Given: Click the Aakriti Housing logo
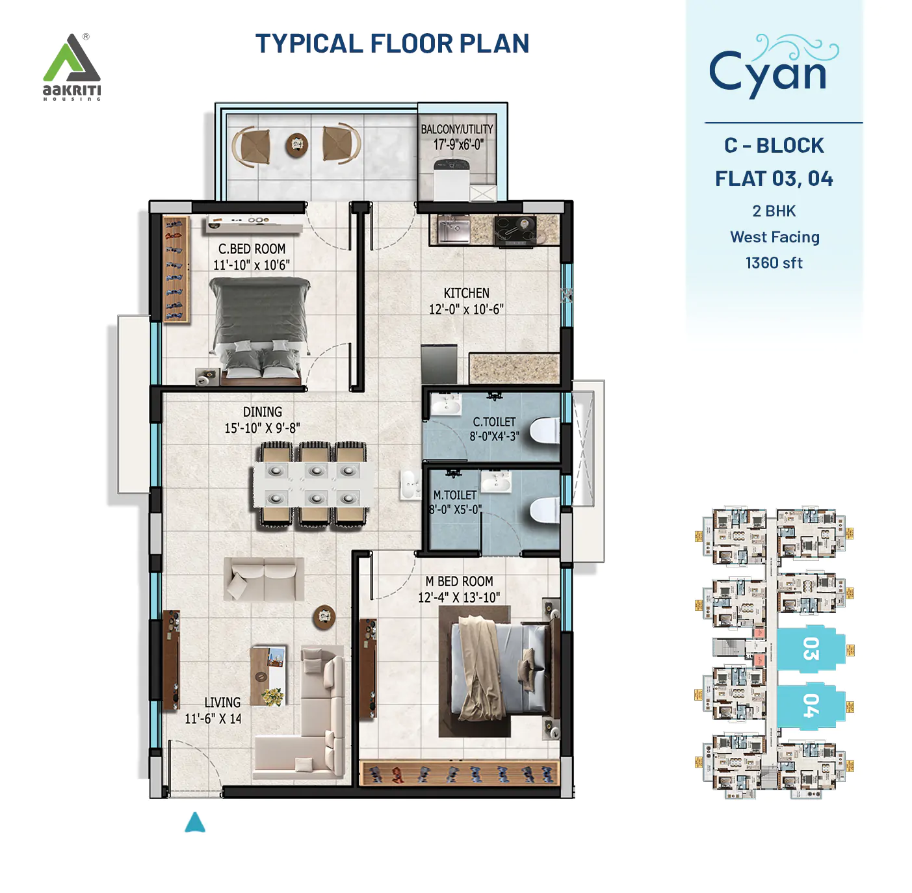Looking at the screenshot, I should tap(72, 67).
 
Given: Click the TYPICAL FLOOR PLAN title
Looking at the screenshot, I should tap(392, 44).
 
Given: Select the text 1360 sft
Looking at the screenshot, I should tap(774, 263).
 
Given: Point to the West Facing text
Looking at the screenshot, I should tap(774, 237).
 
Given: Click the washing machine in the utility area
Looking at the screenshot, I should tap(454, 179).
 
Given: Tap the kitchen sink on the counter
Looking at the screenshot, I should tap(453, 229).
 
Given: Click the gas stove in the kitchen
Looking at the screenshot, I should tap(515, 231).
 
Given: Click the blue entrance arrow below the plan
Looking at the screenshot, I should tap(195, 823).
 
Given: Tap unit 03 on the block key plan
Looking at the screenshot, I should tap(809, 648).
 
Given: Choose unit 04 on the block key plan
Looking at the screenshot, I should tap(809, 705).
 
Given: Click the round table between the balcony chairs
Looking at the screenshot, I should tap(297, 144).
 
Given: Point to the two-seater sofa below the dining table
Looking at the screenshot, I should tap(264, 578).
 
